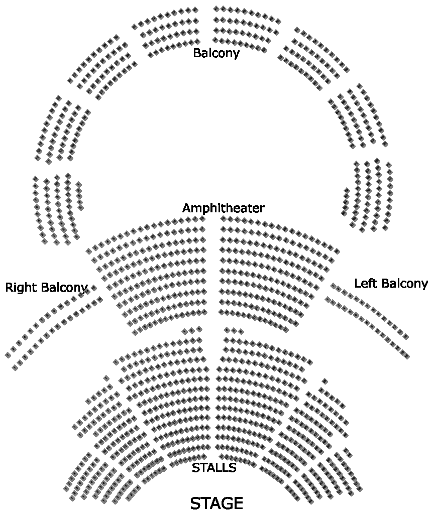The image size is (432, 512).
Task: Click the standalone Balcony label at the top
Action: [x=216, y=53]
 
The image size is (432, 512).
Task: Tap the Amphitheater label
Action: [x=223, y=208]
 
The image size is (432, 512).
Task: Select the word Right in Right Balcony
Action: [x=22, y=288]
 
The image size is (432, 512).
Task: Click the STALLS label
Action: [x=214, y=468]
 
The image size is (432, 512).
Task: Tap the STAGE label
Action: [x=217, y=503]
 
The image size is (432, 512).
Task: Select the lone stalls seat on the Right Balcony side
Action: [x=106, y=378]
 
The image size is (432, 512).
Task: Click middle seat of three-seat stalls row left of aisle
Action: [x=192, y=330]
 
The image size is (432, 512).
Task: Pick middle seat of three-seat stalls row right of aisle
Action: [x=234, y=330]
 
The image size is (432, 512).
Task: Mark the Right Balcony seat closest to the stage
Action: [x=15, y=368]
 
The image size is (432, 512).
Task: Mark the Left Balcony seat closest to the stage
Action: [x=406, y=356]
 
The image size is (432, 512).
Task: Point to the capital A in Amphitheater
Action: [x=187, y=208]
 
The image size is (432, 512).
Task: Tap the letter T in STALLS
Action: [x=204, y=468]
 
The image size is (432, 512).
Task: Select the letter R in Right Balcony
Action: [x=9, y=288]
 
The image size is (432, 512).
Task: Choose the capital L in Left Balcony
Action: [x=357, y=284]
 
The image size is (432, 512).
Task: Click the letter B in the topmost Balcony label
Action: [x=197, y=53]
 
